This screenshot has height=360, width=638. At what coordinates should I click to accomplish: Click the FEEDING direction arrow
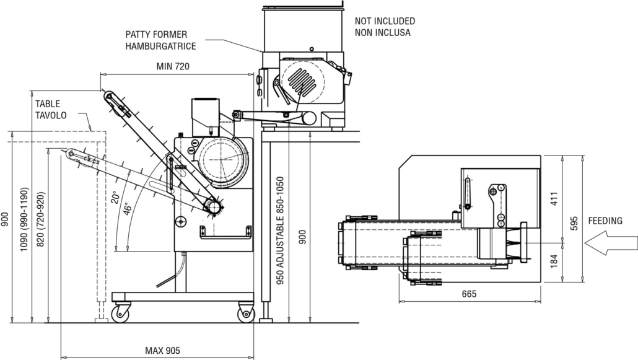pyautogui.click(x=611, y=243)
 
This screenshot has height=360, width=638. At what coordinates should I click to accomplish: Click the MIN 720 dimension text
pyautogui.click(x=173, y=66)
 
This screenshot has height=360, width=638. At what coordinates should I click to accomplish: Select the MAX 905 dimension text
pyautogui.click(x=162, y=351)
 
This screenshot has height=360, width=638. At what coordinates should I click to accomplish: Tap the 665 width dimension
pyautogui.click(x=469, y=294)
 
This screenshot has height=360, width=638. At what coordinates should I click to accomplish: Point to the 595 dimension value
pyautogui.click(x=574, y=223)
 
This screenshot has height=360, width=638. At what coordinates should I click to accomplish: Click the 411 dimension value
pyautogui.click(x=554, y=198)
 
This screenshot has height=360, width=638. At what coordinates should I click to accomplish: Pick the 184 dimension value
pyautogui.click(x=554, y=261)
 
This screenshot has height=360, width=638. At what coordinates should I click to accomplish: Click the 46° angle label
pyautogui.click(x=128, y=209)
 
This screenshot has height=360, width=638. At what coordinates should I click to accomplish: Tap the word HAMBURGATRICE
pyautogui.click(x=160, y=46)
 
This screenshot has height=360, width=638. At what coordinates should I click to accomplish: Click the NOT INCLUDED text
pyautogui.click(x=385, y=21)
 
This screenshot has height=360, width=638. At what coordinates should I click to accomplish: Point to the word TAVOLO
pyautogui.click(x=51, y=115)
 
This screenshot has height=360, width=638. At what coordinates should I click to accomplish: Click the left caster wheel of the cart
pyautogui.click(x=121, y=313)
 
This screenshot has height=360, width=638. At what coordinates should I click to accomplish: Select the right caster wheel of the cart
pyautogui.click(x=246, y=314)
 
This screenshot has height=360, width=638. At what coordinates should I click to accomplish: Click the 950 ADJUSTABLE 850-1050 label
pyautogui.click(x=280, y=230)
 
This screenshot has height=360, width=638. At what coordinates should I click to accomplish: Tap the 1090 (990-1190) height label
pyautogui.click(x=24, y=219)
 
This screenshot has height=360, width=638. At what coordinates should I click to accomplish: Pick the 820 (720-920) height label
pyautogui.click(x=41, y=219)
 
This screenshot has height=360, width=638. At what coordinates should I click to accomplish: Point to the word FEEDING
pyautogui.click(x=605, y=221)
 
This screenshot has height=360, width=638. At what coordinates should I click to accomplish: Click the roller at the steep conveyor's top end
pyautogui.click(x=108, y=96)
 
